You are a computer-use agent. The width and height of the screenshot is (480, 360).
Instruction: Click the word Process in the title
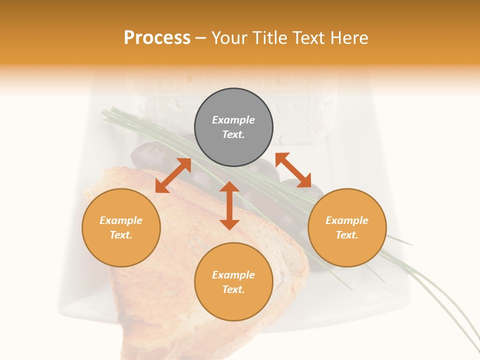pyautogui.click(x=157, y=38)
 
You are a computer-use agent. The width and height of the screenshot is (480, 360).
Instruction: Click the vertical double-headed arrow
pyautogui.click(x=229, y=205)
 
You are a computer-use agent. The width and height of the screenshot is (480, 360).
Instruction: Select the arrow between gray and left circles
pyautogui.click(x=173, y=175)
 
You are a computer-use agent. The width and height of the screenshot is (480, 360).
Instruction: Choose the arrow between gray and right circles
pyautogui.click(x=293, y=170)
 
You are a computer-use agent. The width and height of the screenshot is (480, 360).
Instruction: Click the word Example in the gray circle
pyautogui.click(x=233, y=120)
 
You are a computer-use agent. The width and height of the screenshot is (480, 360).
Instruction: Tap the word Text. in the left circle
pyautogui.click(x=121, y=235)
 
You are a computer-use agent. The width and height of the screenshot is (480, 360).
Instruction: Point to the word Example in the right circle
pyautogui.click(x=347, y=220)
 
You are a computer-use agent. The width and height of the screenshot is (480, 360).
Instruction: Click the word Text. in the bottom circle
pyautogui.click(x=233, y=289)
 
